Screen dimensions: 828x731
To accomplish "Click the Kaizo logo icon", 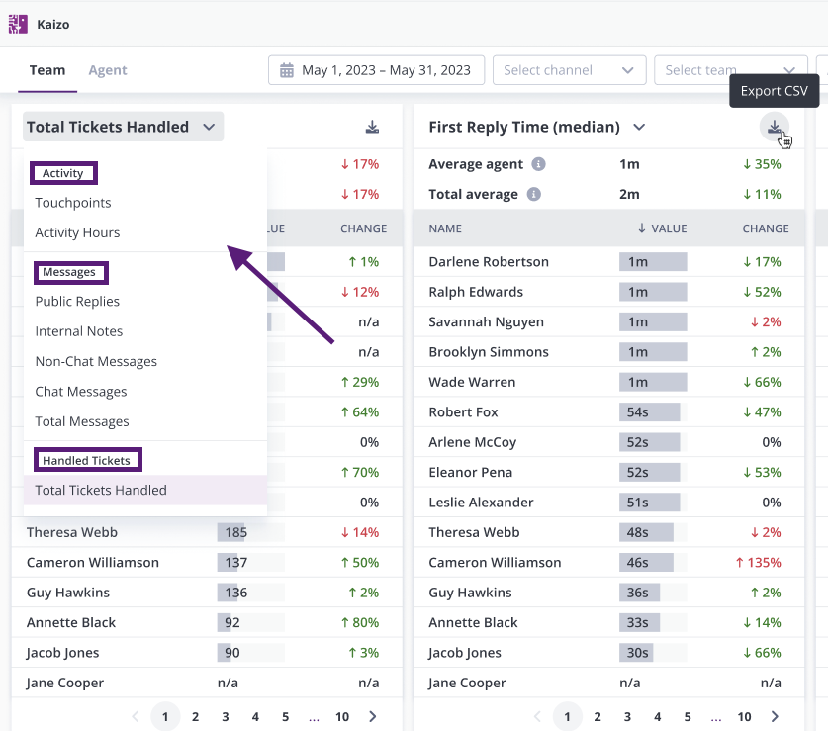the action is click(18, 24).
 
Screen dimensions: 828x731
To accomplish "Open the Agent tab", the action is click(108, 70).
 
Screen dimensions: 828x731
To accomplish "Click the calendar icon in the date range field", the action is click(287, 70).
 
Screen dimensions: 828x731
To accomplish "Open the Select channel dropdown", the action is click(569, 70).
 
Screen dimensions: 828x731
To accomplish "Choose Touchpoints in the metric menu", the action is click(73, 203).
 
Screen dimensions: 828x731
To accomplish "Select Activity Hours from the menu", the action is click(77, 232).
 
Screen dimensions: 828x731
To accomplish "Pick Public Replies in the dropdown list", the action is click(77, 301).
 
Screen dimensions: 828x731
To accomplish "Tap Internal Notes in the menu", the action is click(79, 331).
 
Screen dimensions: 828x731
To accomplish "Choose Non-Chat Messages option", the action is click(96, 361).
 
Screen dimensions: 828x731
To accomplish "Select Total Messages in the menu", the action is click(82, 421).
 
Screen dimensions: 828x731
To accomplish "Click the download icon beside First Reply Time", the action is click(775, 127).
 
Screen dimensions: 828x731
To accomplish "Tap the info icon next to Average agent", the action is click(538, 164).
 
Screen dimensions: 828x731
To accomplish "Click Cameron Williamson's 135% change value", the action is click(759, 563).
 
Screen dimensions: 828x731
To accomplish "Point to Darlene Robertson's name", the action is click(489, 262).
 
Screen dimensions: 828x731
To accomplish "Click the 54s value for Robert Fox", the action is click(637, 411).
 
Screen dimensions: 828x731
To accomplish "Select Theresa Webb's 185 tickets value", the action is click(236, 532).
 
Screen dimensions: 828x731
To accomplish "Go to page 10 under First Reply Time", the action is click(744, 717).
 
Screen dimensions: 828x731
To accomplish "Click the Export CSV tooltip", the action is click(775, 91).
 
